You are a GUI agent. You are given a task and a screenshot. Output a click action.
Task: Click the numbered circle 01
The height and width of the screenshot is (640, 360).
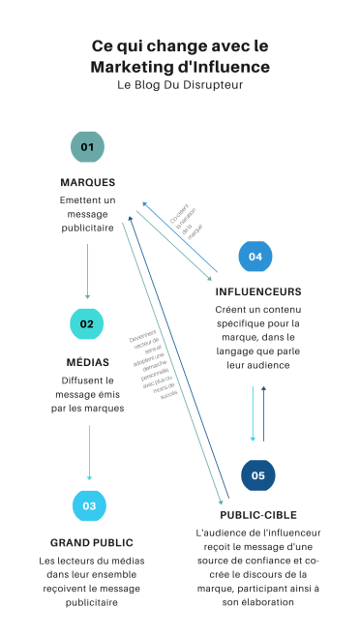pos(87,147)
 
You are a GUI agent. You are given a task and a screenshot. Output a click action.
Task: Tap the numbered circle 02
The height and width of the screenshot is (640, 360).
pos(87,324)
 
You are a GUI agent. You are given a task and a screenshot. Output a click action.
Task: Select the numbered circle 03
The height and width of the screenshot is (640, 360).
pos(89,505)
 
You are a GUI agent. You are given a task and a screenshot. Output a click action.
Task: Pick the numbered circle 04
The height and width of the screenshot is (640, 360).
pos(255,257)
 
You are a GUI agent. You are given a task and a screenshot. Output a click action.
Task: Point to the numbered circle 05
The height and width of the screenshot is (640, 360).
pos(258,475)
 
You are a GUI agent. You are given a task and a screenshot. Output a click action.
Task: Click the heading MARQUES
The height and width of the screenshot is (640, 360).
pos(87,182)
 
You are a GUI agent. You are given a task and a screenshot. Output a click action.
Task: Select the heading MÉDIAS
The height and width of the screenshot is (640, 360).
pos(87,361)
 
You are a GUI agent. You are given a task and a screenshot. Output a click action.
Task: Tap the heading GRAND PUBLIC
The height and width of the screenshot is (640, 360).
pos(91,542)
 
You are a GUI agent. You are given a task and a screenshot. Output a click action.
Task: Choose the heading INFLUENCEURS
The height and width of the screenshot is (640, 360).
pos(257,290)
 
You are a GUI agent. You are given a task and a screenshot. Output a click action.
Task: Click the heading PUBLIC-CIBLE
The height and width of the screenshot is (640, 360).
pos(257,514)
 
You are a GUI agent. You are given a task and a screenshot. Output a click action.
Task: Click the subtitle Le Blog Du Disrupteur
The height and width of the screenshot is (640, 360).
pos(180,85)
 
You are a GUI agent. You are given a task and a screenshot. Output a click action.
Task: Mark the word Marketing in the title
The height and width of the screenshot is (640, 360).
pos(130,66)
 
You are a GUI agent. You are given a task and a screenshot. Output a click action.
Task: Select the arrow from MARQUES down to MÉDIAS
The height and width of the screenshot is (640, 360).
pos(87,271)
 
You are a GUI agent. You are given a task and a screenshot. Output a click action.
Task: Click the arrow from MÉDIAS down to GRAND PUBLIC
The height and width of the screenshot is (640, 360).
pos(89,452)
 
